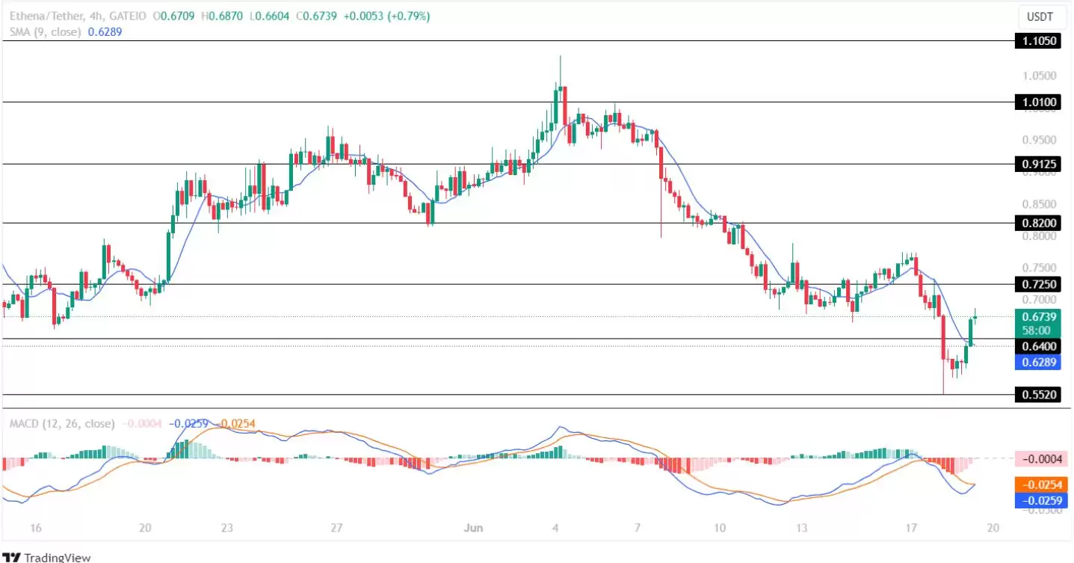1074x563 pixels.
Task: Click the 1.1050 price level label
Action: click(1037, 41)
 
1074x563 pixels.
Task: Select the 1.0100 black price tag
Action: click(1037, 102)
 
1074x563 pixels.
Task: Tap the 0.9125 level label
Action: click(1037, 164)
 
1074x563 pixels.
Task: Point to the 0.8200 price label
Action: click(1037, 223)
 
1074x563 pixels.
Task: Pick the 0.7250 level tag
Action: click(1037, 284)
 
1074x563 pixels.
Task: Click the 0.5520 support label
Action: click(1037, 394)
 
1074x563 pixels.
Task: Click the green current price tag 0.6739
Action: click(1037, 317)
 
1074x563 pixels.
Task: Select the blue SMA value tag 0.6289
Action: click(1037, 362)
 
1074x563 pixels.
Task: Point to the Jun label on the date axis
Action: click(473, 528)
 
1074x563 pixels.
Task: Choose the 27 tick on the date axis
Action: click(336, 528)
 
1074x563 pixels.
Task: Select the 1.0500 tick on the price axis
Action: click(1040, 76)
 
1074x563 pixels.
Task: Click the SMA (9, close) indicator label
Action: click(45, 32)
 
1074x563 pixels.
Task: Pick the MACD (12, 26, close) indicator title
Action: click(62, 423)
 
